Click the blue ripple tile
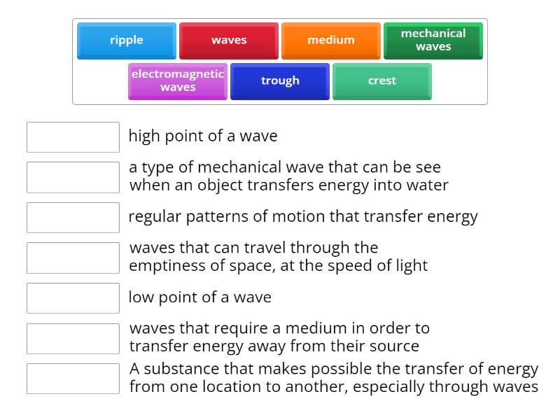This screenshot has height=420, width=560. pos(127,41)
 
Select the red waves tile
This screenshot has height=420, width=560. pos(229,41)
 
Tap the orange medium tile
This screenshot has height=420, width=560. pos(331,41)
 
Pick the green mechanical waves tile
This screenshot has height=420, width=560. pos(433,41)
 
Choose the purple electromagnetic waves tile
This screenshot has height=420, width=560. pos(178,81)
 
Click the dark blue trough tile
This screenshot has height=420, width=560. pos(280,81)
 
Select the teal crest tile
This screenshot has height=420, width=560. pos(382,81)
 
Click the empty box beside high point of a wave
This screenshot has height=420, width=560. pos(73,137)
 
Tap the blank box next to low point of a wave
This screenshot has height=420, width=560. pos(73,298)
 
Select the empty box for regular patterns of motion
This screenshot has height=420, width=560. pos(73,218)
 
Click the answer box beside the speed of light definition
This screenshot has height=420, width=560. pos(73,258)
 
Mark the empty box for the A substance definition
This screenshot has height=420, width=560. pos(73,379)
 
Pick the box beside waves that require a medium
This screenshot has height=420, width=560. pos(73,339)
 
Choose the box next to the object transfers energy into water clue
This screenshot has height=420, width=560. pos(73,178)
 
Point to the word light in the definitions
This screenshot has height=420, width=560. pos(409,266)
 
